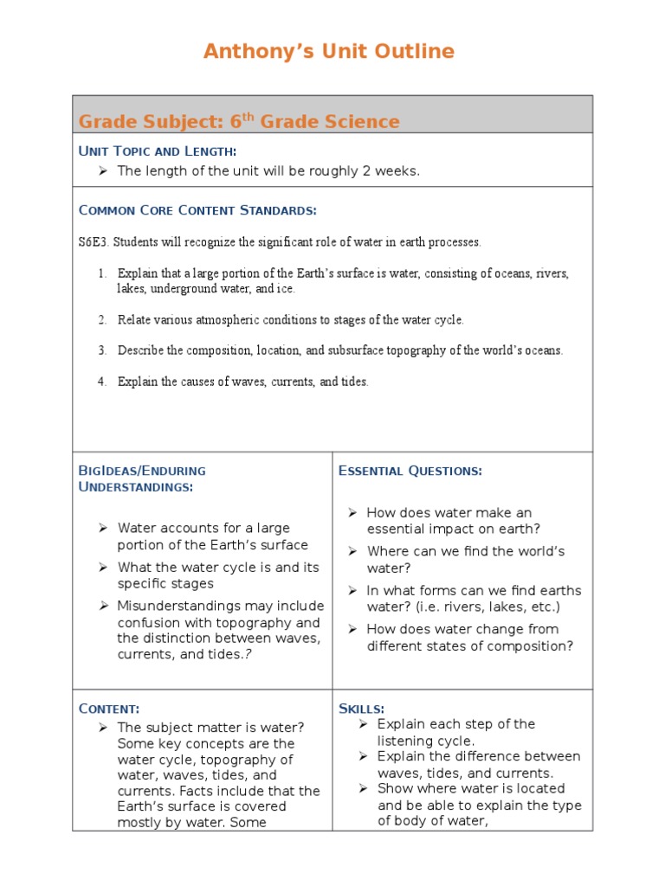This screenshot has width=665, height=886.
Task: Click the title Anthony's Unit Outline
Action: pyautogui.click(x=328, y=52)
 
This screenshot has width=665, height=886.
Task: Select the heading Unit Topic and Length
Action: pyautogui.click(x=157, y=151)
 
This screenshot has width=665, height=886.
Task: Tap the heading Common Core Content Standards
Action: pyautogui.click(x=197, y=210)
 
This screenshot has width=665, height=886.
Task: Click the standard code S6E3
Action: pyautogui.click(x=94, y=242)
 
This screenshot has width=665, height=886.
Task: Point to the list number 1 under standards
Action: pyautogui.click(x=101, y=273)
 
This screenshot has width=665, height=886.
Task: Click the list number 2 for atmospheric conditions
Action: pyautogui.click(x=101, y=320)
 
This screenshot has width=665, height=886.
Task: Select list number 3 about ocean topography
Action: pyautogui.click(x=101, y=351)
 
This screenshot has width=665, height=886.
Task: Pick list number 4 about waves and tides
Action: pyautogui.click(x=101, y=382)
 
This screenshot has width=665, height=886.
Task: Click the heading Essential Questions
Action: pyautogui.click(x=410, y=471)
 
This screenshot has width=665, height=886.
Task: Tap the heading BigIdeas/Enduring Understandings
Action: pyautogui.click(x=142, y=478)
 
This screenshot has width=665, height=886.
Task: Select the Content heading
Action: pyautogui.click(x=109, y=709)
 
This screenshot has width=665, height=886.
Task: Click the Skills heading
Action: pyautogui.click(x=361, y=709)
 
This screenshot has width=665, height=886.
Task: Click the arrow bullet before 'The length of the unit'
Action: pyautogui.click(x=102, y=171)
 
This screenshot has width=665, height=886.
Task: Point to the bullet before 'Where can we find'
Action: pyautogui.click(x=352, y=551)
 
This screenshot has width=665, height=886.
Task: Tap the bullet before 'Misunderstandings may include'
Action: pyautogui.click(x=102, y=606)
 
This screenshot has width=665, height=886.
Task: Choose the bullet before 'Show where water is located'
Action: pyautogui.click(x=364, y=788)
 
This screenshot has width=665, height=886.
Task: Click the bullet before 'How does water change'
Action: pyautogui.click(x=352, y=629)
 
